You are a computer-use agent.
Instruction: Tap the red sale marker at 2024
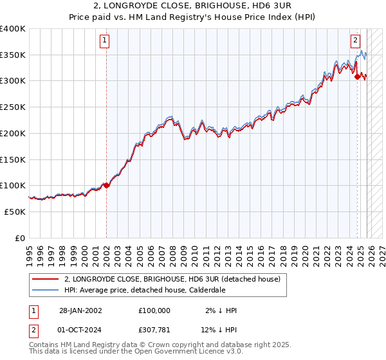pos(357,76)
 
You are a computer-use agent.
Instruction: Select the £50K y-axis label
pos(15,212)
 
